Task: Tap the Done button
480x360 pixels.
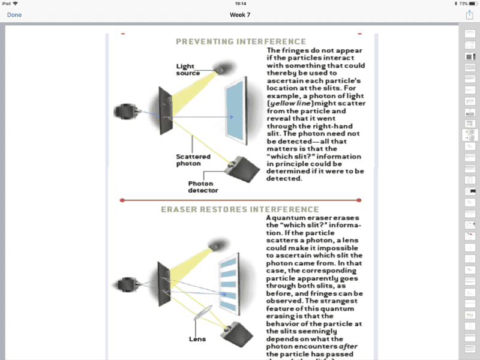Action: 14,14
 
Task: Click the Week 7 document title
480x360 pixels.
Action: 240,14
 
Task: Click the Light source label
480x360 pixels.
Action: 188,70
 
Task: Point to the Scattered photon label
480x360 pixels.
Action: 193,160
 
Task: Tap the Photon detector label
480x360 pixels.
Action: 203,187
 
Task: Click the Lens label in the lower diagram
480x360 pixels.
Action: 197,339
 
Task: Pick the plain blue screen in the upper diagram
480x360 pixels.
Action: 235,113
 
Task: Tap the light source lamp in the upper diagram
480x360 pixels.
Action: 224,68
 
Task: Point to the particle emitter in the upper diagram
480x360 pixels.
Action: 127,111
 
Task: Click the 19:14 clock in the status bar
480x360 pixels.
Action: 240,4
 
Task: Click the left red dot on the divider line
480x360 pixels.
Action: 122,200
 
